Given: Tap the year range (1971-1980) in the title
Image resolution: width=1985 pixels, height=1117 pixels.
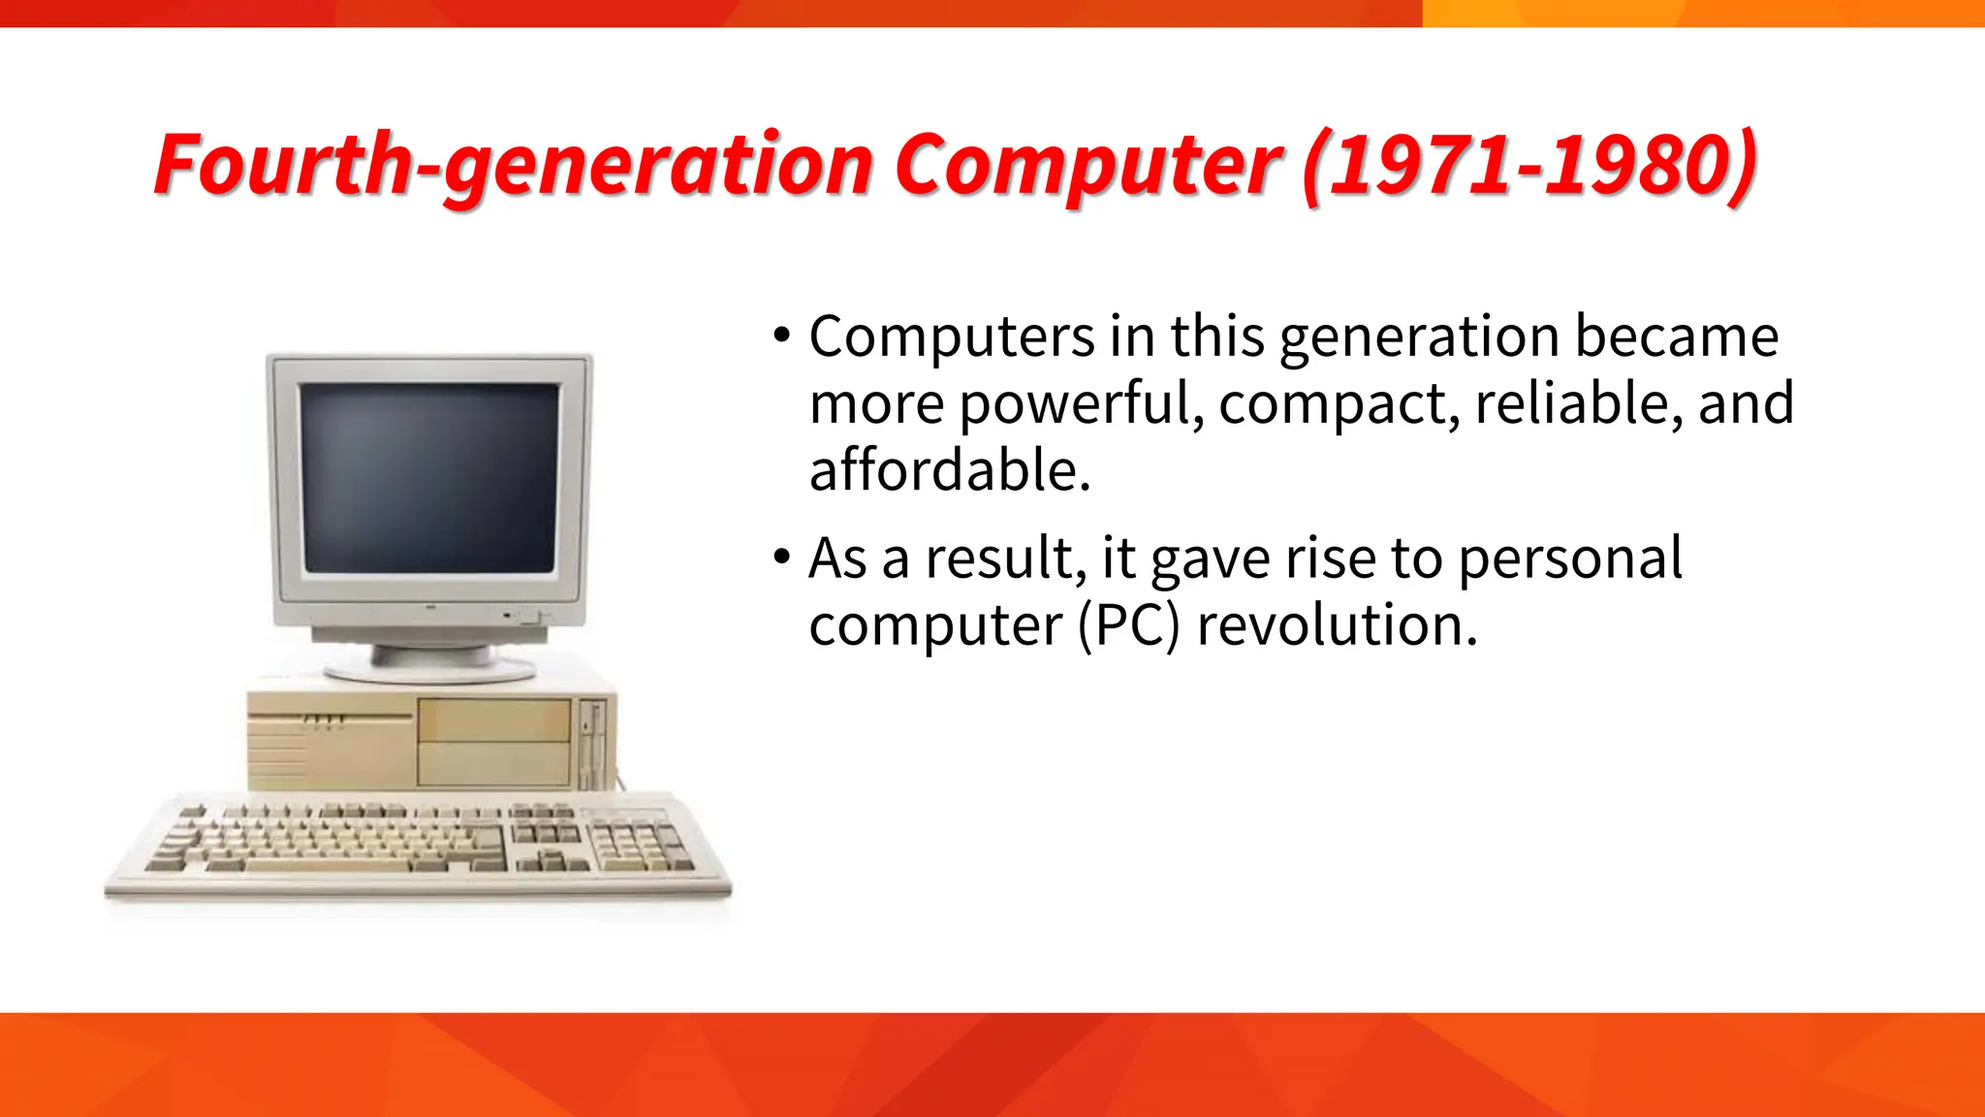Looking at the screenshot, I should pyautogui.click(x=1529, y=165).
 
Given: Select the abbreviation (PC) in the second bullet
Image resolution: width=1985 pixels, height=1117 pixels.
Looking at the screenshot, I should pyautogui.click(x=1129, y=625).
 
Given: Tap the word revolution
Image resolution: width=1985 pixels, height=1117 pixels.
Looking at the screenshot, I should pyautogui.click(x=1338, y=625).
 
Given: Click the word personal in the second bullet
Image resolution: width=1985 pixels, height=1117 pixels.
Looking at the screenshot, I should pyautogui.click(x=1570, y=558).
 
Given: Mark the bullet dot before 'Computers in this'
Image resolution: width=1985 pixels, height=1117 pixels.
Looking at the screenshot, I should pyautogui.click(x=782, y=336).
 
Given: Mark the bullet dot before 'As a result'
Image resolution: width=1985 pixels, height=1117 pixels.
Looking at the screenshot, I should pyautogui.click(x=782, y=558).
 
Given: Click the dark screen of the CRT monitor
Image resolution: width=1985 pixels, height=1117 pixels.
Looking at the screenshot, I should pyautogui.click(x=429, y=477).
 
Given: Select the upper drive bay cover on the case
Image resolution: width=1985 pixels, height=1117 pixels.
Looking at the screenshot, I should pyautogui.click(x=493, y=719).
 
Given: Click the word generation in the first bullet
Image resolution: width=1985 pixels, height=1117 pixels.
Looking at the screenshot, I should pyautogui.click(x=1419, y=336).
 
